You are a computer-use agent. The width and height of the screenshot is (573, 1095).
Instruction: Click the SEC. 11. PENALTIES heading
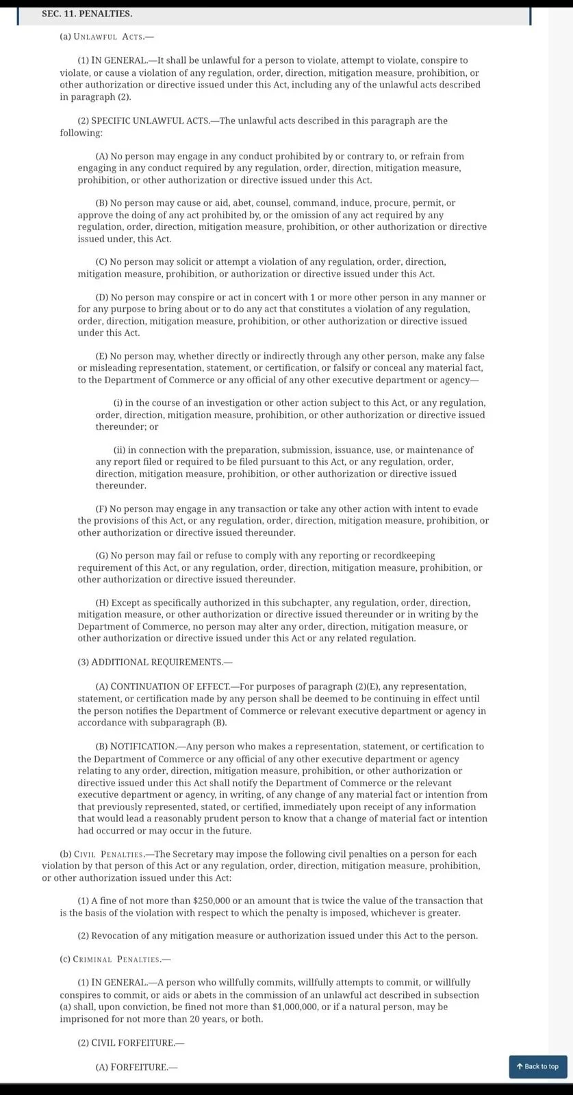[77, 14]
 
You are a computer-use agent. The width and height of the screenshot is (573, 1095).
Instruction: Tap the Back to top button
[537, 1066]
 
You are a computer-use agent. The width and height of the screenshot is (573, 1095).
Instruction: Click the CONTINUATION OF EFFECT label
[170, 686]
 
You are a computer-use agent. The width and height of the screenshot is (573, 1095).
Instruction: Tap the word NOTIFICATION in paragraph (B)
[142, 746]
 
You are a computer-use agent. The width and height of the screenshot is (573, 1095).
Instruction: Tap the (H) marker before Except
[102, 603]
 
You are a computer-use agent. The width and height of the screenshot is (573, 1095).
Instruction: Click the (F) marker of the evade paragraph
[101, 508]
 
